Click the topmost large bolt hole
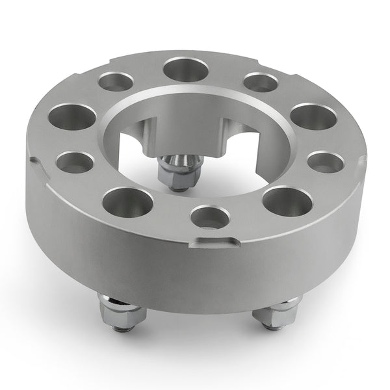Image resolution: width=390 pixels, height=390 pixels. click(x=185, y=69)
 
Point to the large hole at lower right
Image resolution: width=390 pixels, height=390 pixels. click(x=287, y=201)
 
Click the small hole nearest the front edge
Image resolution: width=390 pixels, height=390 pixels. click(x=210, y=218)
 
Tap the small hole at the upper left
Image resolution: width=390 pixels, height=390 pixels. click(x=116, y=82)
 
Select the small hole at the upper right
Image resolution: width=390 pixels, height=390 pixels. click(x=261, y=83)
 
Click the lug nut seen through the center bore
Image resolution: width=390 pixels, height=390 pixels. click(x=174, y=170)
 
